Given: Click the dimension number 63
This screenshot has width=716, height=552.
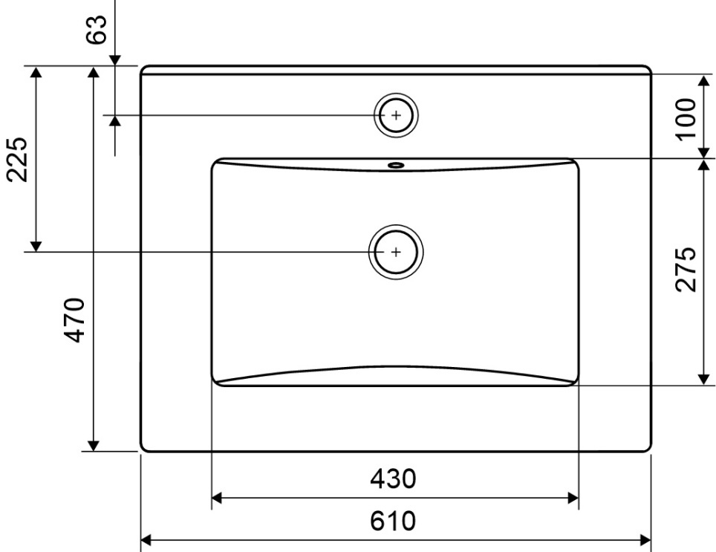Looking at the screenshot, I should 98,30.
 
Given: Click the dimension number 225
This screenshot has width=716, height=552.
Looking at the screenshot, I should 18,159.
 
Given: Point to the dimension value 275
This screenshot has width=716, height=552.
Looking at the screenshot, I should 686,269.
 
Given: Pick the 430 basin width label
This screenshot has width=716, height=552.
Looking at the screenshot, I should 394,479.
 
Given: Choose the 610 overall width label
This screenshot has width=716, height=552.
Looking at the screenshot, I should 394,521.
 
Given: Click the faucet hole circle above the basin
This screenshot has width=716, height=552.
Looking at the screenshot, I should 396,115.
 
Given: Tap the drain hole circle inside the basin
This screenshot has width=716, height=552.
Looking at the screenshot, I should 396,252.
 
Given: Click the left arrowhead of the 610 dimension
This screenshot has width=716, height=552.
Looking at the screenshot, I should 147,540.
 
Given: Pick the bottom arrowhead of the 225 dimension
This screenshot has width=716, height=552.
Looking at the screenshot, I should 35,245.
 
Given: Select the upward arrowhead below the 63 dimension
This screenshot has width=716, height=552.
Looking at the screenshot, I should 116,121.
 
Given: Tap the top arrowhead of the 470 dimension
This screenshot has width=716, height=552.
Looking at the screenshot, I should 93,72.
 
